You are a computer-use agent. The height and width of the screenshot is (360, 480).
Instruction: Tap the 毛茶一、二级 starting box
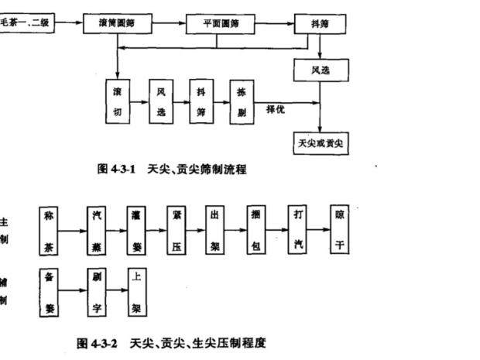(x=29, y=23)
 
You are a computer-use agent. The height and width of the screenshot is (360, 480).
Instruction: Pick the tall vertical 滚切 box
(x=117, y=101)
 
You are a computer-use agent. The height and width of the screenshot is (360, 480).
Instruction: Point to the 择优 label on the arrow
(x=276, y=109)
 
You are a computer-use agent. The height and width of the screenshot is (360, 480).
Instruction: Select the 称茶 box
(x=50, y=230)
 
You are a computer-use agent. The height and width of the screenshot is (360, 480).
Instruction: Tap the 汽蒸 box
(x=97, y=230)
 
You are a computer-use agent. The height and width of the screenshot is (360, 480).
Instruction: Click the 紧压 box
(x=177, y=230)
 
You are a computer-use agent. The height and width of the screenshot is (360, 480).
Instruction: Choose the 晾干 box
(x=339, y=230)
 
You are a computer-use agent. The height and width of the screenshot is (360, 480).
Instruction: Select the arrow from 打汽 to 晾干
(x=318, y=230)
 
